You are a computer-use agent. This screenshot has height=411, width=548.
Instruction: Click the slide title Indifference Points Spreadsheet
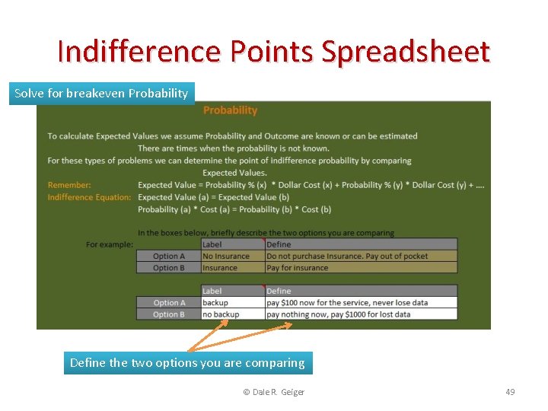coord(274,52)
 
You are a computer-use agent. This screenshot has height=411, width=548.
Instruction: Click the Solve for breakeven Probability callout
coord(101,93)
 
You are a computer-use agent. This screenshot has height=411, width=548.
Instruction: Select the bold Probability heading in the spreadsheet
coord(230,110)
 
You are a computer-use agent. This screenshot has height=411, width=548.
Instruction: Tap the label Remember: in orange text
coord(69,185)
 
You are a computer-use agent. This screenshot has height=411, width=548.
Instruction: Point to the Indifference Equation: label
coord(89,197)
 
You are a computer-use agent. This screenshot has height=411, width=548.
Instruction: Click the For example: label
coord(110,244)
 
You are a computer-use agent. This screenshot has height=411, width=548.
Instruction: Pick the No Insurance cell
coord(226,256)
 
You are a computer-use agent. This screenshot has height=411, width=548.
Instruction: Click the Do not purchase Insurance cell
coord(347,256)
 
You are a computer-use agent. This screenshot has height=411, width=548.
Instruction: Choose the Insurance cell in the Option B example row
coord(220,268)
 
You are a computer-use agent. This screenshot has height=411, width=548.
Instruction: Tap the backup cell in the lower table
coord(215,303)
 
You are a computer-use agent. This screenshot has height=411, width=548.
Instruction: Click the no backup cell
coord(221,314)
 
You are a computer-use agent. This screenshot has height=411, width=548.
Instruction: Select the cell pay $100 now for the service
coord(347,303)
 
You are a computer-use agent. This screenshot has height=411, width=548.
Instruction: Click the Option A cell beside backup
coord(168,303)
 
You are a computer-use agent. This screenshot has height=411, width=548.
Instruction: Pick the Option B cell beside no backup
coord(168,314)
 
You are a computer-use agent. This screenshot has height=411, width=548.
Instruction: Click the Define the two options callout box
coord(187,363)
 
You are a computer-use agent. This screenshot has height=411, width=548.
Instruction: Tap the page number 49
coord(510,392)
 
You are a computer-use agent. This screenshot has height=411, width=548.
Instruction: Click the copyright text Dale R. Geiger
coord(273,392)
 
